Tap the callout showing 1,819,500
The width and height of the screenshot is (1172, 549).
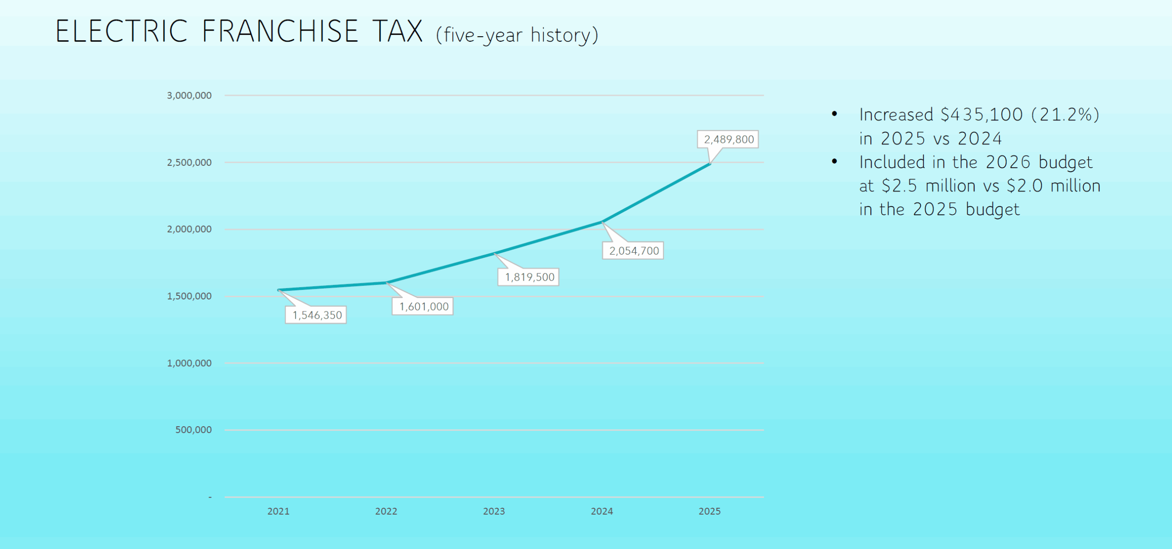pos(529,277)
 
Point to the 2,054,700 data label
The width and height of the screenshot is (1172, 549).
pos(633,250)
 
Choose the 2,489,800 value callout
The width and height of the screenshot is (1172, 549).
pos(728,139)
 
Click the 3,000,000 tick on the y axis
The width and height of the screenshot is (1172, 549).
pos(189,95)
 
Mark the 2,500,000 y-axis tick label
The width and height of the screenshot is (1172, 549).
pos(189,162)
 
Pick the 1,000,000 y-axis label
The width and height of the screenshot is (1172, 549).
pos(189,363)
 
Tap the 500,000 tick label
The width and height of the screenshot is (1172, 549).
pos(193,430)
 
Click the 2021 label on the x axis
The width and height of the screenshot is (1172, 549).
pos(278,511)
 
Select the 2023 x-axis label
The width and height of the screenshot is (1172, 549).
pos(494,511)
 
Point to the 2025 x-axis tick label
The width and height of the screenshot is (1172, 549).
pos(710,511)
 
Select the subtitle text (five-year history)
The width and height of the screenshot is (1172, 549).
pos(517,35)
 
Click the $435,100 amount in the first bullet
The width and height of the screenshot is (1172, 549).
pos(982,114)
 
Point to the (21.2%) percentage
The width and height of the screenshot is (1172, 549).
pos(1065,114)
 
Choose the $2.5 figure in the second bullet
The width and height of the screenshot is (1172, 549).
pos(900,186)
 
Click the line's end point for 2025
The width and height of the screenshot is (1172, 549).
pos(710,163)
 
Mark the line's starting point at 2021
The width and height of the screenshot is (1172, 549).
pos(278,290)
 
